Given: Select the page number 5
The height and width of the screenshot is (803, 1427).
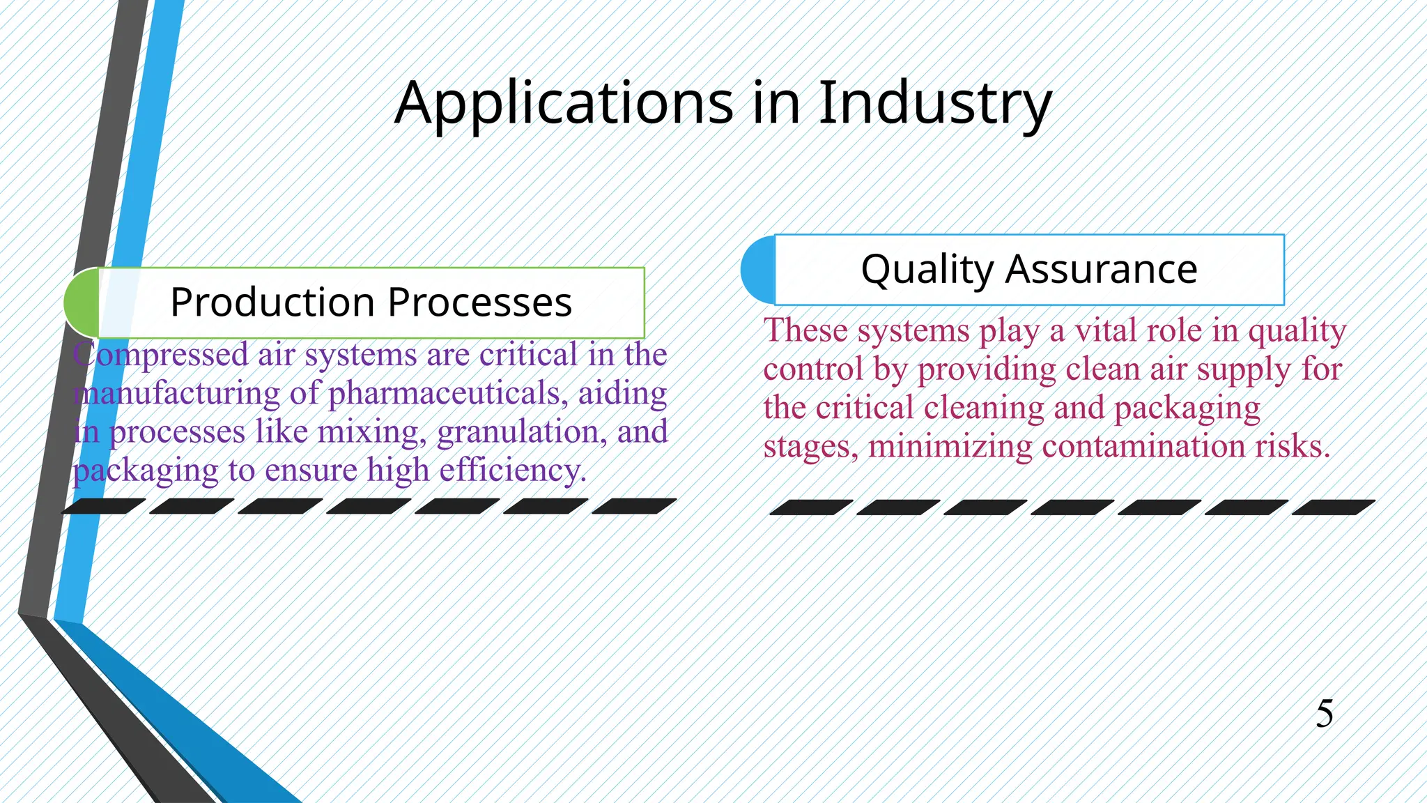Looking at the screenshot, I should (1325, 714).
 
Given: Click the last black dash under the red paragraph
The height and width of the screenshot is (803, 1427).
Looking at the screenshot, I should (1333, 507).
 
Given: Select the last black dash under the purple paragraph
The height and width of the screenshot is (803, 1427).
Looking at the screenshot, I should (634, 506).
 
